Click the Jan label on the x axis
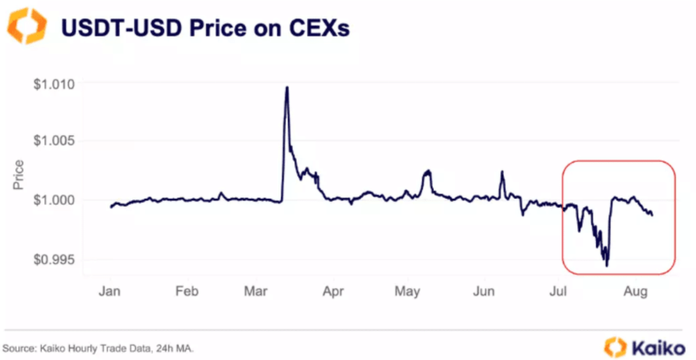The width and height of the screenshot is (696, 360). point(109,292)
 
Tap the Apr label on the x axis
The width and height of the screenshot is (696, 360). point(333,292)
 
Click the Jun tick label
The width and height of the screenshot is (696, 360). point(483,292)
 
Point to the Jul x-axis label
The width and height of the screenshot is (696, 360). point(558,292)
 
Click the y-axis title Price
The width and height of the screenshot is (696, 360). point(18,175)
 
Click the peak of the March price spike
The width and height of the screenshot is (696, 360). point(287,87)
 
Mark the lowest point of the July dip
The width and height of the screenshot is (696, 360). point(606,266)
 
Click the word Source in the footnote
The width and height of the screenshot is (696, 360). point(20,348)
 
